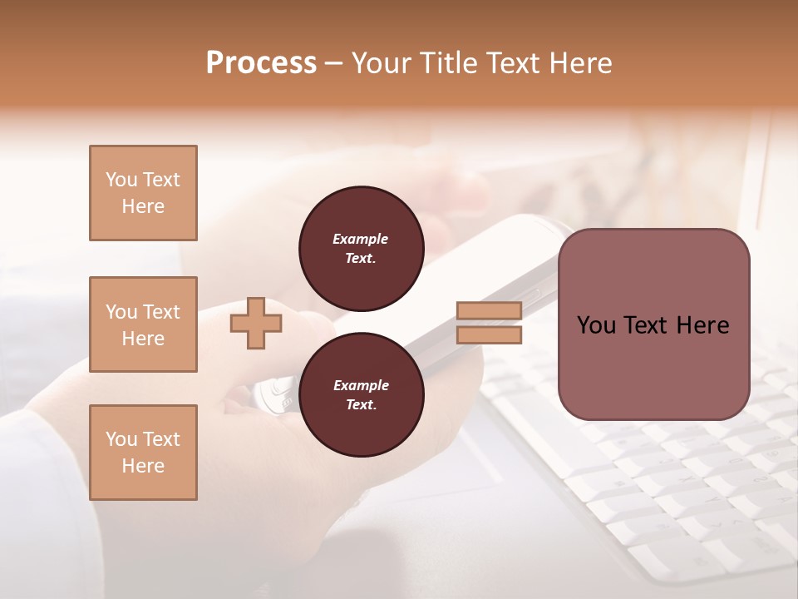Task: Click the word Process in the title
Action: [261, 63]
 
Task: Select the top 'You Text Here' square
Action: [143, 193]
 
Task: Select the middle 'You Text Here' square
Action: [143, 324]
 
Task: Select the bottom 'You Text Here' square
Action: [143, 453]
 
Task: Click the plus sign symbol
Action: [255, 324]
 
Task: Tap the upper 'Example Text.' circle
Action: [361, 248]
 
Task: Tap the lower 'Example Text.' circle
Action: [361, 395]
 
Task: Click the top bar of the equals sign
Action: [489, 311]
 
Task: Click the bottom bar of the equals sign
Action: [489, 335]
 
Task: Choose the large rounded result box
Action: [653, 324]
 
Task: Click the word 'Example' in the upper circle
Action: [361, 239]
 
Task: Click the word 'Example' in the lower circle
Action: [361, 385]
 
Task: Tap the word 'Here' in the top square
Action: [143, 206]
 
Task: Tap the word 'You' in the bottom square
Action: [121, 439]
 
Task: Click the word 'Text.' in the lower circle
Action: [361, 405]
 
